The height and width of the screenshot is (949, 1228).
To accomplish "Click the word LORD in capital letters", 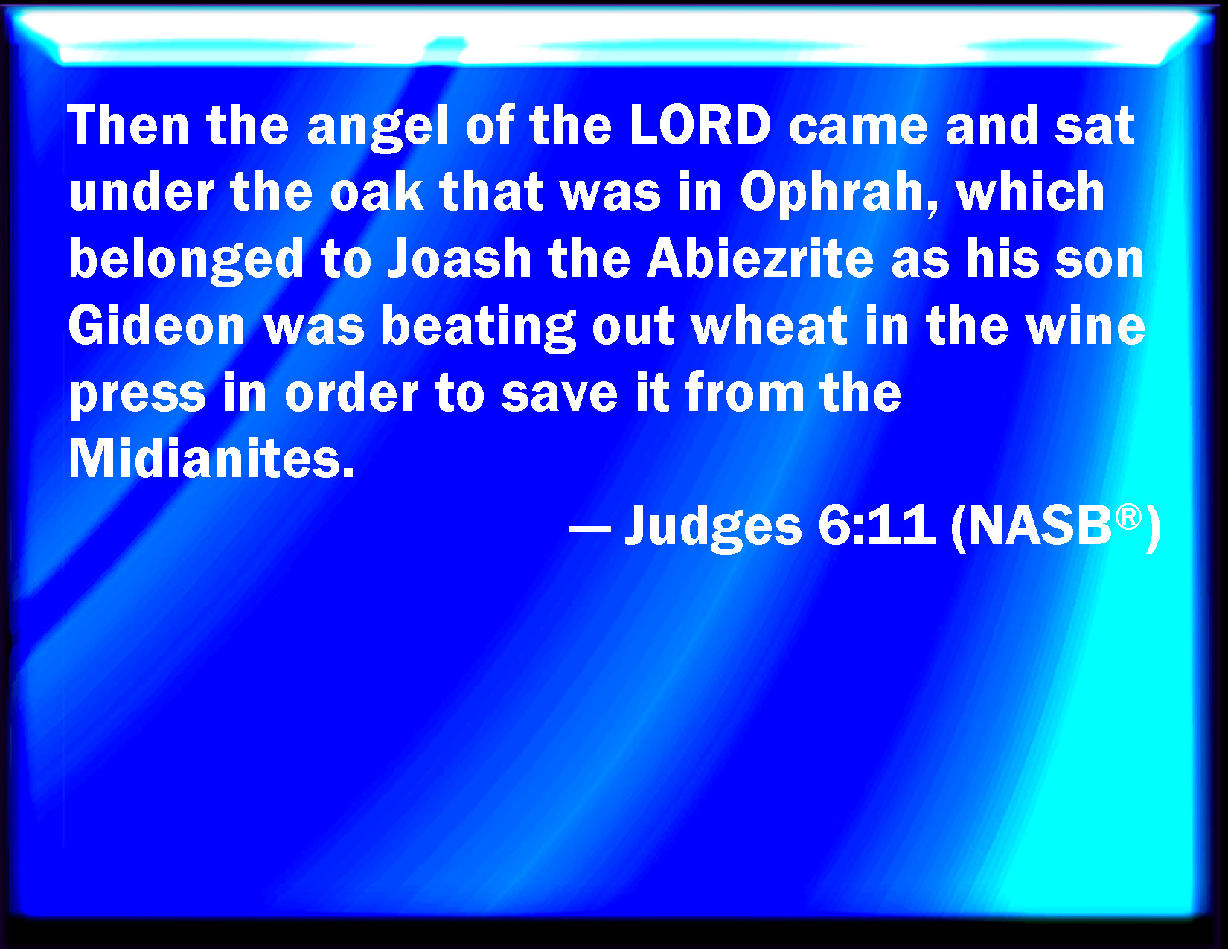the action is click(x=700, y=125).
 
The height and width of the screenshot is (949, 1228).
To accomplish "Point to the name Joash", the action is click(x=459, y=260).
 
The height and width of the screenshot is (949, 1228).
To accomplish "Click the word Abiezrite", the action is click(x=760, y=259).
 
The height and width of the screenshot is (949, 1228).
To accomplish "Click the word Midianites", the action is click(x=211, y=458).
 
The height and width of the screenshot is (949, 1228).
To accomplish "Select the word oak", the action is click(x=377, y=191).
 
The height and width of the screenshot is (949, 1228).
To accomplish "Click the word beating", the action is click(x=479, y=327).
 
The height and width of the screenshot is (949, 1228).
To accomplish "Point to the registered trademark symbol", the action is click(x=1128, y=517).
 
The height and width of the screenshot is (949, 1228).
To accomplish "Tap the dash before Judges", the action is click(x=589, y=530).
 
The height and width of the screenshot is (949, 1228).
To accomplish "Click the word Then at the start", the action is click(x=128, y=125).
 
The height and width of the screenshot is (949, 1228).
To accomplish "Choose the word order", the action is click(x=351, y=393).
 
